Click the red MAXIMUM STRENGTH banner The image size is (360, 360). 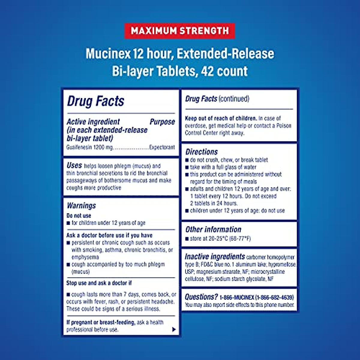(x=180, y=31)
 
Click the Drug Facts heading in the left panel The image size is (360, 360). (x=95, y=101)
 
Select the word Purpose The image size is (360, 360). (x=162, y=122)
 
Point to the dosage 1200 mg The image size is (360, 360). (x=103, y=147)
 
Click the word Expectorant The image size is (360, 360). (x=162, y=147)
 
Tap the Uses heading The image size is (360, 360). (x=74, y=165)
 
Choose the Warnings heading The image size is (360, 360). (x=81, y=205)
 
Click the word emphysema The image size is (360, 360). (x=85, y=257)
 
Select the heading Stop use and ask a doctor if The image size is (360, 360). (x=99, y=283)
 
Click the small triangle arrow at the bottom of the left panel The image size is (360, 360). (x=174, y=329)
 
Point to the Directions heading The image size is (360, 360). (x=202, y=152)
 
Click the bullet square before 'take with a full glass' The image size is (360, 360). (x=187, y=167)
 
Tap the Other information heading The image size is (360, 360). (x=213, y=229)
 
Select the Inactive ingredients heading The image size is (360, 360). (x=215, y=257)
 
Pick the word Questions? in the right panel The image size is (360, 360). (x=201, y=297)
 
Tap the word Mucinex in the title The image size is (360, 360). (x=108, y=54)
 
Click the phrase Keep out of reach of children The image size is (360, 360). (x=221, y=118)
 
